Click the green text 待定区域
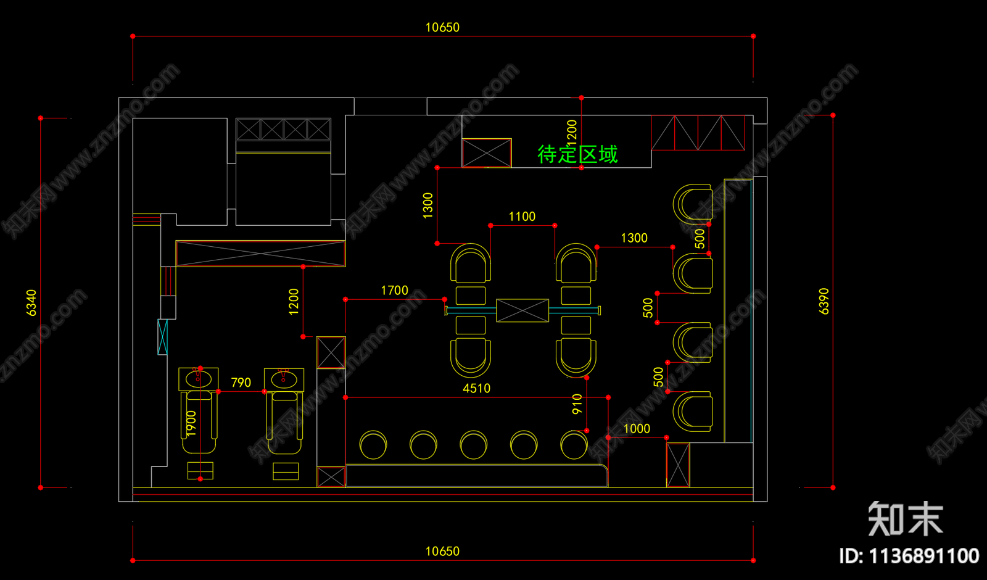click(x=577, y=154)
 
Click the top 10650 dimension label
click(x=442, y=27)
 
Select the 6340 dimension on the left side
click(x=31, y=302)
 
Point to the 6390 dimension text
click(x=824, y=301)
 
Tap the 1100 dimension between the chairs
click(x=522, y=217)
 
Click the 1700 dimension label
click(x=394, y=291)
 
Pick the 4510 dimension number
click(x=476, y=388)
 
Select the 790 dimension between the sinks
click(x=241, y=383)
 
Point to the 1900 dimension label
click(x=191, y=423)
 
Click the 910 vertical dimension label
click(x=577, y=404)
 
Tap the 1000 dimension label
click(x=637, y=429)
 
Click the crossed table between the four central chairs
click(x=522, y=310)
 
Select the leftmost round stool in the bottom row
click(x=373, y=445)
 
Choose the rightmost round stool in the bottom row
click(x=574, y=445)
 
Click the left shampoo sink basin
click(x=198, y=378)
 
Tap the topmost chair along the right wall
click(x=693, y=203)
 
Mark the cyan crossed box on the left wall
click(x=162, y=337)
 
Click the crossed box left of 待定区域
click(x=487, y=153)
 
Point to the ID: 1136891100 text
click(x=909, y=556)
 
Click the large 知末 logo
click(x=905, y=519)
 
